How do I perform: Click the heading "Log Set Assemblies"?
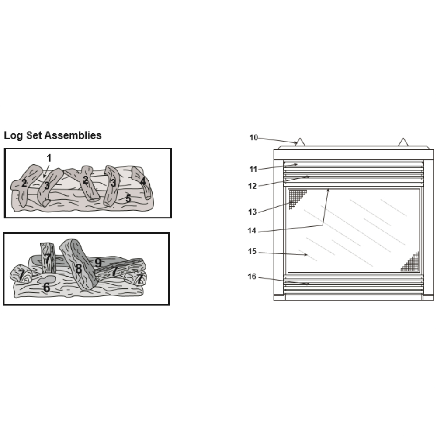pos(53,135)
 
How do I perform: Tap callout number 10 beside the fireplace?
pos(253,138)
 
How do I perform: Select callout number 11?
pos(253,169)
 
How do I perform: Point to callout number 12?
pos(253,186)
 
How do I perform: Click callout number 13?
pos(253,212)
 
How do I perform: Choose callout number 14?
pos(252,231)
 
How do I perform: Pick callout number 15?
pos(252,251)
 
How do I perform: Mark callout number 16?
pos(252,277)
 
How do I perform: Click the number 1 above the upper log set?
pos(49,158)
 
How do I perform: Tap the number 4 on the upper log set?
pos(143,181)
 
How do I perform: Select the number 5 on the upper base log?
pos(128,198)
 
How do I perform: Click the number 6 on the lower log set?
pos(47,288)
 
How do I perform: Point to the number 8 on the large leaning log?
pos(79,269)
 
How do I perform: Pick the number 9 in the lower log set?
pos(98,263)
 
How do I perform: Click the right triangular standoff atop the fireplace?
pos(403,142)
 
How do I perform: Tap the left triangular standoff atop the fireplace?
pos(300,142)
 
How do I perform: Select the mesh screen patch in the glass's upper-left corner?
pos(295,197)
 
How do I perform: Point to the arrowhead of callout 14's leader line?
pos(328,191)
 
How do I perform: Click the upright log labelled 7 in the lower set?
pos(48,258)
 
